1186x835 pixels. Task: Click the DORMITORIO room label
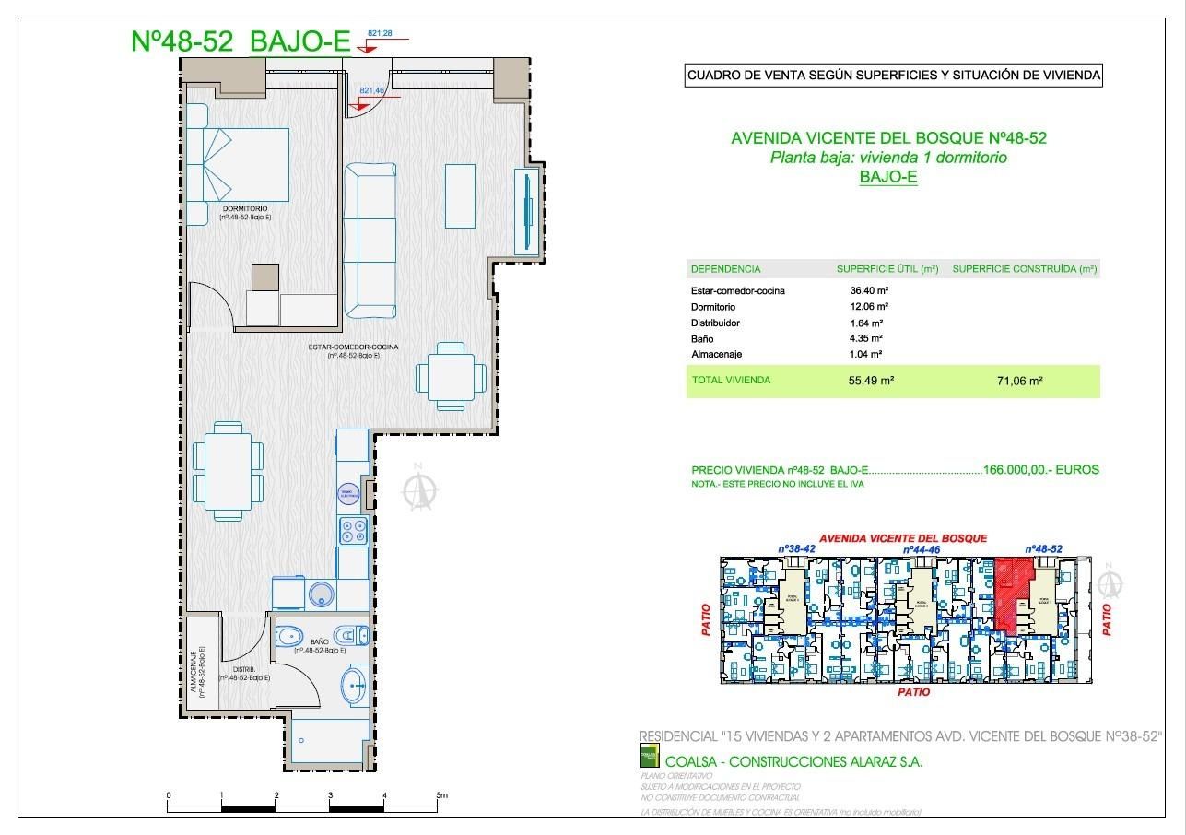point(244,209)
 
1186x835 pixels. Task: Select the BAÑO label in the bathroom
point(320,641)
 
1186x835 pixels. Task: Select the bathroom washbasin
point(355,685)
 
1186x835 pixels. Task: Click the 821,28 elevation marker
point(381,34)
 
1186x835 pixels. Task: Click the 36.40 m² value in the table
point(869,290)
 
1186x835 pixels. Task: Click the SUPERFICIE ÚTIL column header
point(887,269)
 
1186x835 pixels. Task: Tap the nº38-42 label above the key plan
point(797,548)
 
